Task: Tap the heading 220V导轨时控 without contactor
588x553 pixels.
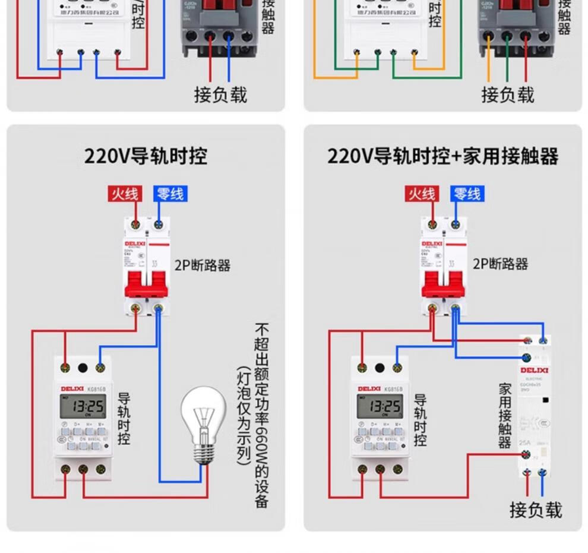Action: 146,156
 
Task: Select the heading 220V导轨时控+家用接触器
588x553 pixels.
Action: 442,156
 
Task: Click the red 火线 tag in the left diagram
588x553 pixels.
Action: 124,194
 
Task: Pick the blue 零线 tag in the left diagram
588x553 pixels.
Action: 170,194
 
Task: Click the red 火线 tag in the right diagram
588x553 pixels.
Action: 421,194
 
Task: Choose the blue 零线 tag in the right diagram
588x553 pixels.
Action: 467,194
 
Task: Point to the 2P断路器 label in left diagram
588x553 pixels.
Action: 202,265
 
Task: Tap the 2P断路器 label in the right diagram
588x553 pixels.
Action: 500,264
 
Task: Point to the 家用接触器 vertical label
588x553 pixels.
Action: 505,416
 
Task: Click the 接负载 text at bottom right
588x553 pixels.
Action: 535,510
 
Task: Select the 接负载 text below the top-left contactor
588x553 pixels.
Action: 220,94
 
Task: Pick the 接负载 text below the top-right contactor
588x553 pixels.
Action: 508,94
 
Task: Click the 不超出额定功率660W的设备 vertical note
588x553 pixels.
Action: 261,416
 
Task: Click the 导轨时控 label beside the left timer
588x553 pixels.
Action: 124,419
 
